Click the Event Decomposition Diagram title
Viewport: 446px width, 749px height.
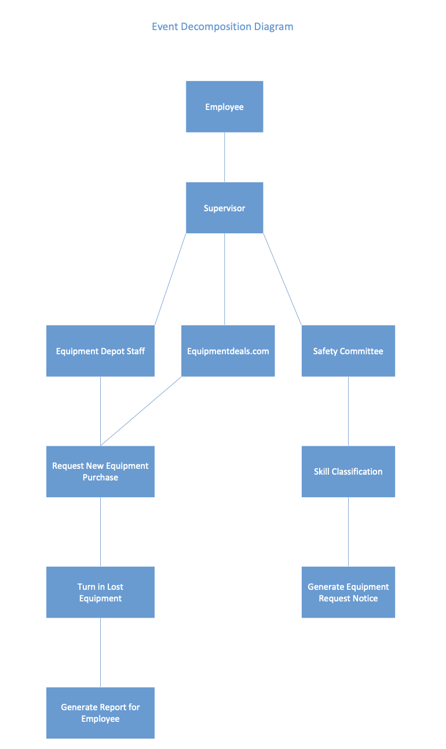222,27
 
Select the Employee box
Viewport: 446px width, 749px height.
224,107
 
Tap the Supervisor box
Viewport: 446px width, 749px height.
224,208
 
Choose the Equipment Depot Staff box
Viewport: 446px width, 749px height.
100,351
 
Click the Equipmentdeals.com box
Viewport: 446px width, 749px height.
228,351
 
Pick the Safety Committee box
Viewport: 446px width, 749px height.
348,351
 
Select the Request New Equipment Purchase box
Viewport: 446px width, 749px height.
100,471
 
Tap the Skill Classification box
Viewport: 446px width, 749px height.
348,471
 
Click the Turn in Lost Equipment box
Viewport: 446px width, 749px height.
100,592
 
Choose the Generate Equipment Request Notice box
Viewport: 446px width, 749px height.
348,592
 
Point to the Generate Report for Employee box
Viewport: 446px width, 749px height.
100,713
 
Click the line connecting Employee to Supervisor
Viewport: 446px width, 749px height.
225,157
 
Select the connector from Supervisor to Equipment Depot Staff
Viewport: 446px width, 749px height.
170,279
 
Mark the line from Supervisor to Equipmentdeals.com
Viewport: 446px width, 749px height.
225,279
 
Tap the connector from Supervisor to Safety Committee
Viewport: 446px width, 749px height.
283,279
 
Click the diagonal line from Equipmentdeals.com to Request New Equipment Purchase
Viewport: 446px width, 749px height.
141,411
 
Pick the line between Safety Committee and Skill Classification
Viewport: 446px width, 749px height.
348,411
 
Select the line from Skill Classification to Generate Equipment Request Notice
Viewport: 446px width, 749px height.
348,531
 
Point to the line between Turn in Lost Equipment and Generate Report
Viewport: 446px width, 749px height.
101,652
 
